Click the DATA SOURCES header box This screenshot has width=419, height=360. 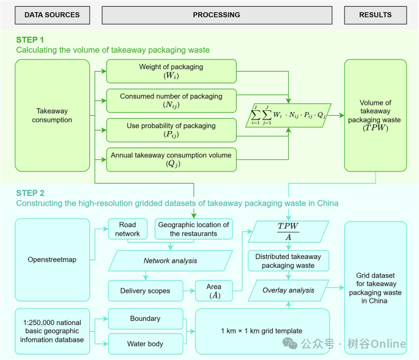(53, 15)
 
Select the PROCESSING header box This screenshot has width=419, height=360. (217, 15)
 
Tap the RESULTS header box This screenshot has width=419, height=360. (376, 15)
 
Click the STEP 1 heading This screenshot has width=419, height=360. (30, 40)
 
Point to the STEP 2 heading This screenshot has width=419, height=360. (30, 193)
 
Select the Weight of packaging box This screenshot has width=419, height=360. (171, 71)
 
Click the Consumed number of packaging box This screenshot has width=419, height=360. (171, 100)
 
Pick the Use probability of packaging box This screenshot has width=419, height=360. (171, 130)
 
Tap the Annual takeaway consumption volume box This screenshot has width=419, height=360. (171, 159)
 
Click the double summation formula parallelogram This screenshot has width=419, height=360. (288, 115)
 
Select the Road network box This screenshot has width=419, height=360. (128, 229)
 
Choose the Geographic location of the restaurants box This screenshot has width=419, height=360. (194, 229)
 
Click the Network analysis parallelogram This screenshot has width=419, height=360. (171, 261)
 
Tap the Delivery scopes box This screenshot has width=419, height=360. (146, 291)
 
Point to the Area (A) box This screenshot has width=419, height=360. (214, 291)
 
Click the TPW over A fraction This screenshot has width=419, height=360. (288, 231)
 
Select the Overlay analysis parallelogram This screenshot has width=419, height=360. (288, 290)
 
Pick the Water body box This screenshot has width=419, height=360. (146, 343)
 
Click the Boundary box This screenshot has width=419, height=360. (146, 318)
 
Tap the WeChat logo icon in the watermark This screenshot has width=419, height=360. (290, 343)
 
